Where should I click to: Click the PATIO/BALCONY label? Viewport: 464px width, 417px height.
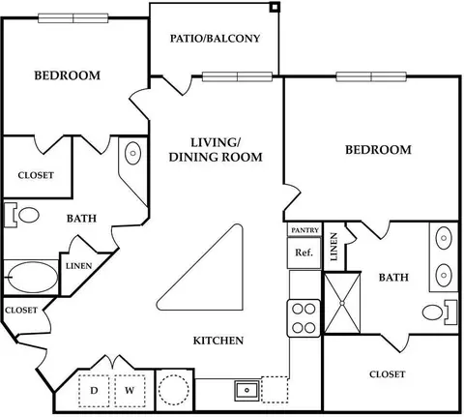coord(215,39)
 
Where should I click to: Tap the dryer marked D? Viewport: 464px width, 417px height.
coord(94,391)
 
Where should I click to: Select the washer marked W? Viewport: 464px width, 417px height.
coord(130,391)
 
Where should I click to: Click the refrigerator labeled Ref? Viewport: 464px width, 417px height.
coord(304,253)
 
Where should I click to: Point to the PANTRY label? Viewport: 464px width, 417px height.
coord(304,230)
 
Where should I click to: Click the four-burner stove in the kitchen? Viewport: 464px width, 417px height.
coord(304,318)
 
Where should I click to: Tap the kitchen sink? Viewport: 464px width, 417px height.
coord(246,390)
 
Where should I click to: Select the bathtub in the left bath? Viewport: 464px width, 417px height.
coord(33,278)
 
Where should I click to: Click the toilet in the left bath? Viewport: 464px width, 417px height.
coord(22,215)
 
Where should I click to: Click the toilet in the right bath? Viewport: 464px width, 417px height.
coord(440,313)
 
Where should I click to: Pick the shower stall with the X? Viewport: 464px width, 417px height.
coord(342,303)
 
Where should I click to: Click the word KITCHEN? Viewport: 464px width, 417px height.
coord(218,341)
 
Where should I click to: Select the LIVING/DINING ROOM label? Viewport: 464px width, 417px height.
coord(216,150)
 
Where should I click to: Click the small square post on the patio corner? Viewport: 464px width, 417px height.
coord(275,7)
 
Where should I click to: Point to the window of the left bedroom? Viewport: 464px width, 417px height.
coord(73,18)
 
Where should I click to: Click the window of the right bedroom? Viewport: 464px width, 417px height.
coord(371,76)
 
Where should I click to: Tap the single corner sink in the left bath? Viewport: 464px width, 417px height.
coord(132,153)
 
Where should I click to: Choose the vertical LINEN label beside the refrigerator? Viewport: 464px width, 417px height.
coord(334,247)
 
